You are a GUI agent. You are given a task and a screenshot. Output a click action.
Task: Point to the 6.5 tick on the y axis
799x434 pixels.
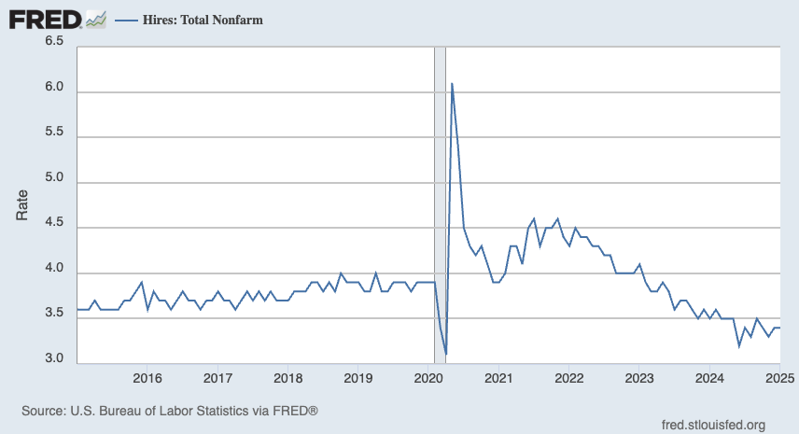coord(53,42)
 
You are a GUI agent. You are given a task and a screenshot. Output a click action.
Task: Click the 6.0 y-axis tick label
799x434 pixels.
coord(53,88)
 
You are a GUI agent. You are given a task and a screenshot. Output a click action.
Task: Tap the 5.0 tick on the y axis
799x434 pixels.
coord(53,178)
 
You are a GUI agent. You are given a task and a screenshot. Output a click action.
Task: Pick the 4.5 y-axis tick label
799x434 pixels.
coord(53,224)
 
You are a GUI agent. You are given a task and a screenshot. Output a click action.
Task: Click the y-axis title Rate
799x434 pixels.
coord(22,204)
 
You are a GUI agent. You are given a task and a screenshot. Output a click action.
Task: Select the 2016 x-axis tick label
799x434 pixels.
coord(147,378)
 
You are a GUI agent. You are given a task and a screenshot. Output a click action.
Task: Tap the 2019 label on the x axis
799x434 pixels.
coord(358,378)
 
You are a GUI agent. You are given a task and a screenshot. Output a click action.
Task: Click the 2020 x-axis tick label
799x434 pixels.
coord(428,378)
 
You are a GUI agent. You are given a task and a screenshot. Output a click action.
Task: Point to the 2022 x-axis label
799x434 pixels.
coord(568,378)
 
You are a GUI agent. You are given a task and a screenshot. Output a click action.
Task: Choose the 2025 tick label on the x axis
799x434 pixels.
coord(778,378)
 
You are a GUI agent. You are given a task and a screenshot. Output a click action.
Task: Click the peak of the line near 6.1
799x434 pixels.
coord(452,84)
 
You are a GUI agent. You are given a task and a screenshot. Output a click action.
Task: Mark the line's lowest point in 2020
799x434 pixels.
coord(446,354)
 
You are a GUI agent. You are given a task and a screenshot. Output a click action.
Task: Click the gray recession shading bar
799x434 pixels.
coord(440,205)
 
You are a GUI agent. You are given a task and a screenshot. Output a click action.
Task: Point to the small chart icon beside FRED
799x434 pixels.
coord(95,20)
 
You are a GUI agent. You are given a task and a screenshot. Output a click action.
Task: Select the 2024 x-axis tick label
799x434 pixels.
coord(709,378)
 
